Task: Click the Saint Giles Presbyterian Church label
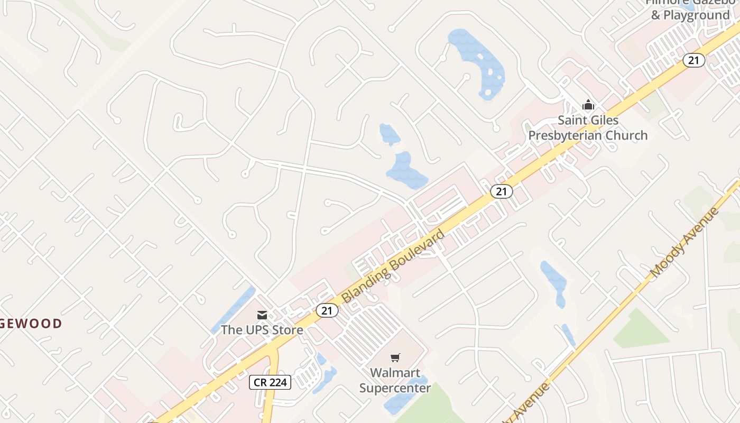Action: point(588,128)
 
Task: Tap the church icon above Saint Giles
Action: point(588,105)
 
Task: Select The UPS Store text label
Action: point(262,330)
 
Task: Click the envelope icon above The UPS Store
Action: point(262,315)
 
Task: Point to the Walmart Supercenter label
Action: point(395,380)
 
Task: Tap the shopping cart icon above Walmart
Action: point(395,358)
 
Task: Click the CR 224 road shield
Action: point(270,382)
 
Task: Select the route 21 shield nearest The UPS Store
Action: point(327,310)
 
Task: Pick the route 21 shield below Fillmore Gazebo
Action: point(693,60)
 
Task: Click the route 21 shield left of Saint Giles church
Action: point(501,191)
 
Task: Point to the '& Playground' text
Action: point(690,15)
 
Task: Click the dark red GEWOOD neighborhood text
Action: point(31,324)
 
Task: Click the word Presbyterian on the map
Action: point(587,135)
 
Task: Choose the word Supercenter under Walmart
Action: point(395,388)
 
